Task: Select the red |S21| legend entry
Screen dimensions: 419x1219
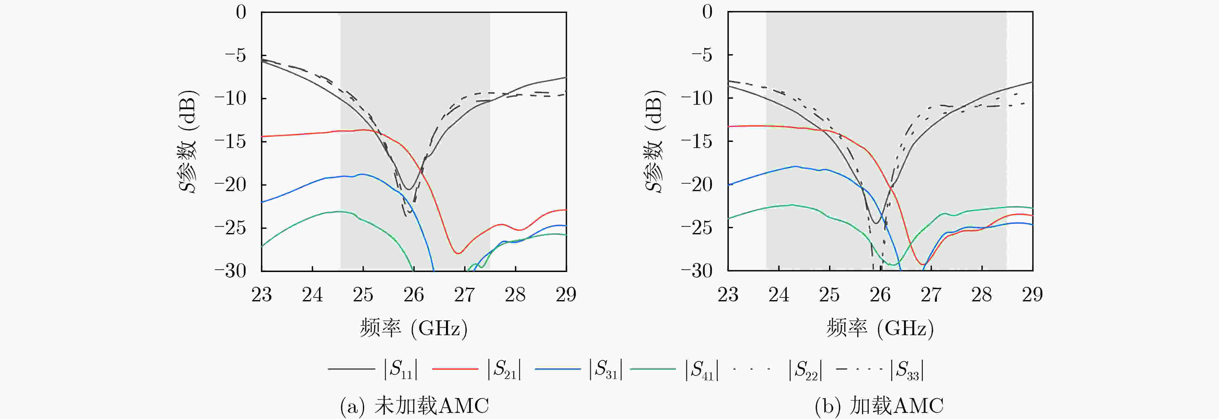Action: [477, 369]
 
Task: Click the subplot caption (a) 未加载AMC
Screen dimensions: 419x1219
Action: [414, 406]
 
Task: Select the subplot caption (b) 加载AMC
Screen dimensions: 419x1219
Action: [879, 406]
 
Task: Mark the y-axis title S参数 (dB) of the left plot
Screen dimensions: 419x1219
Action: [188, 141]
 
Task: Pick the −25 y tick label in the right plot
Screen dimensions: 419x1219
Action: [697, 228]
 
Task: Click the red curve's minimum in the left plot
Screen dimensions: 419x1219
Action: [458, 253]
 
